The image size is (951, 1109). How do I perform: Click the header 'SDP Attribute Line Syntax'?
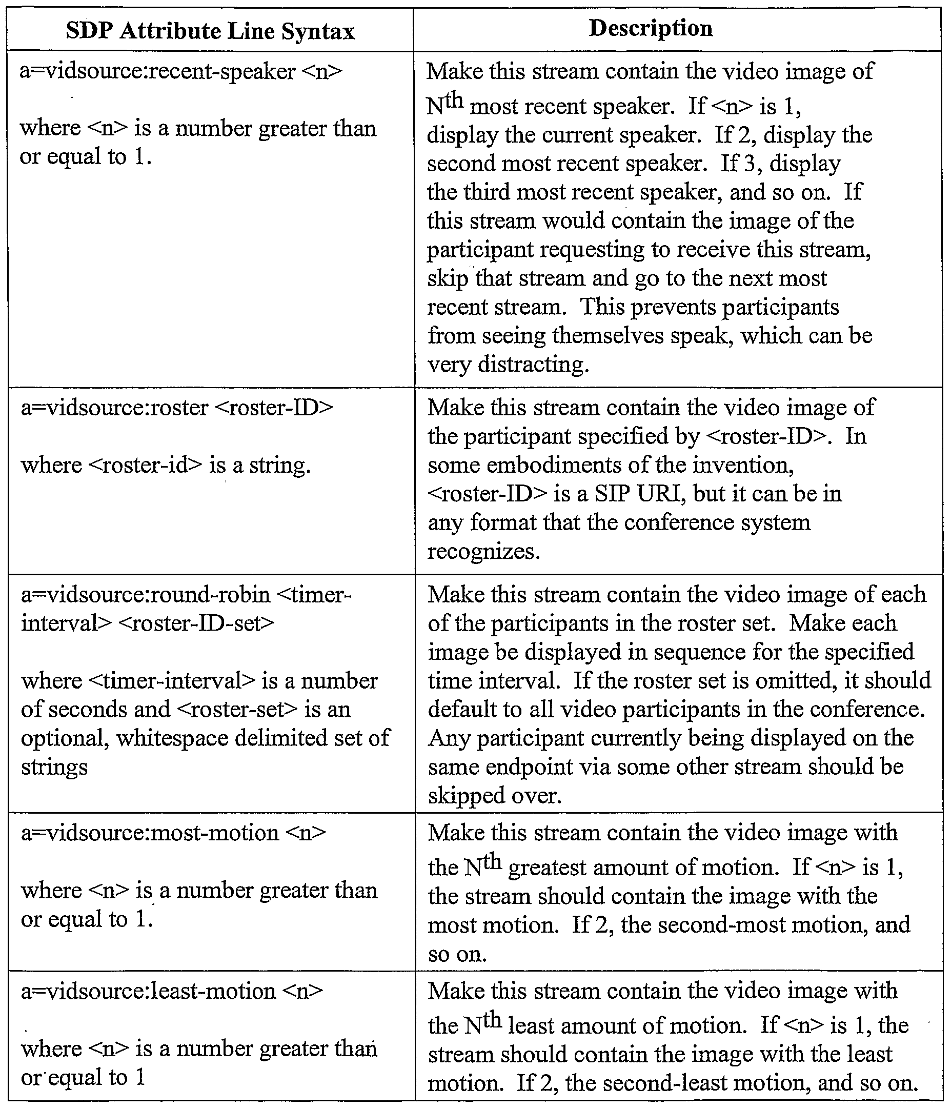(210, 31)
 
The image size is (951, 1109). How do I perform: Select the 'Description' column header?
(651, 28)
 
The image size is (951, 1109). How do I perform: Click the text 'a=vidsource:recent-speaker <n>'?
(181, 71)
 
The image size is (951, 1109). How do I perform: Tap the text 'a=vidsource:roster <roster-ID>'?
(176, 408)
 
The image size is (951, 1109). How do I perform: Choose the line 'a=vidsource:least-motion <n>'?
(172, 991)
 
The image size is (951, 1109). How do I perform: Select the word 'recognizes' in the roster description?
(483, 551)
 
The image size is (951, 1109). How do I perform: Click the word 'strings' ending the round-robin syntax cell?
(54, 767)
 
